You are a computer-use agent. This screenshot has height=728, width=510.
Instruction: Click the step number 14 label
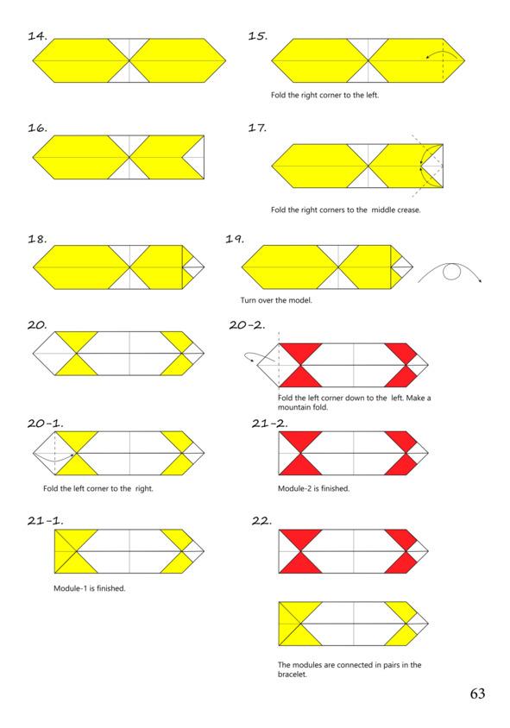pyautogui.click(x=38, y=36)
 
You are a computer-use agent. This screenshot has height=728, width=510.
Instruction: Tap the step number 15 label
pyautogui.click(x=258, y=36)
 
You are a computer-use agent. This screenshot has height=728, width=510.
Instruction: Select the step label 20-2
pyautogui.click(x=247, y=325)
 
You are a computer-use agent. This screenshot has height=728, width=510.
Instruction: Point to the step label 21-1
pyautogui.click(x=46, y=521)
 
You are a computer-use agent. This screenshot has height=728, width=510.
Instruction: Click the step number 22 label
pyautogui.click(x=262, y=521)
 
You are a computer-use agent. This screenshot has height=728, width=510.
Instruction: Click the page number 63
pyautogui.click(x=477, y=693)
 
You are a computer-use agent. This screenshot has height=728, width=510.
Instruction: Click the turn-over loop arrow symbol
pyautogui.click(x=450, y=271)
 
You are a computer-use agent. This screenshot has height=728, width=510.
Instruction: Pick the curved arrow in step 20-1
pyautogui.click(x=54, y=459)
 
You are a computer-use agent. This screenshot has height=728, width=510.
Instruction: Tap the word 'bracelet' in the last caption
pyautogui.click(x=292, y=675)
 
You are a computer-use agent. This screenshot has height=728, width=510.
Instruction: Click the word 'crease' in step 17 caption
pyautogui.click(x=409, y=210)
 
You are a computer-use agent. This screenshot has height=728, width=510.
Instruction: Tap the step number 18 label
pyautogui.click(x=38, y=240)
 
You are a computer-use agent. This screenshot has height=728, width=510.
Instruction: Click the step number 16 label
pyautogui.click(x=38, y=129)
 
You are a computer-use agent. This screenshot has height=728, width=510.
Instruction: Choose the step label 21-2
pyautogui.click(x=270, y=424)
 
